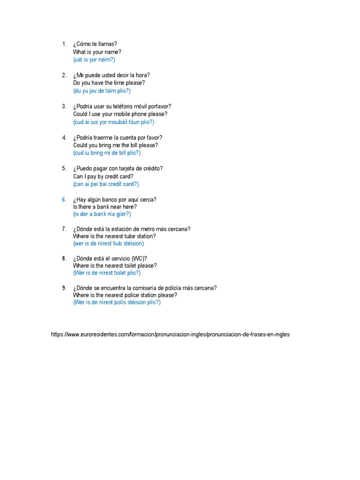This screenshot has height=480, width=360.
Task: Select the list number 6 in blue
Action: (64, 199)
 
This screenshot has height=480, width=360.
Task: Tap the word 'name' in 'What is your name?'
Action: (113, 52)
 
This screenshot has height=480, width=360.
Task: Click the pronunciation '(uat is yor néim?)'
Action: (94, 60)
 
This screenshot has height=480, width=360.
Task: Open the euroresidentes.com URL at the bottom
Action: (170, 335)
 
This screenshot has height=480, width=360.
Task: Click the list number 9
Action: (64, 288)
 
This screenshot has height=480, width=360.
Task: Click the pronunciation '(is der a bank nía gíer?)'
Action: (102, 214)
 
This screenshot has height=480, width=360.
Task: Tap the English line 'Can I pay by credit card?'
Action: (103, 176)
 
